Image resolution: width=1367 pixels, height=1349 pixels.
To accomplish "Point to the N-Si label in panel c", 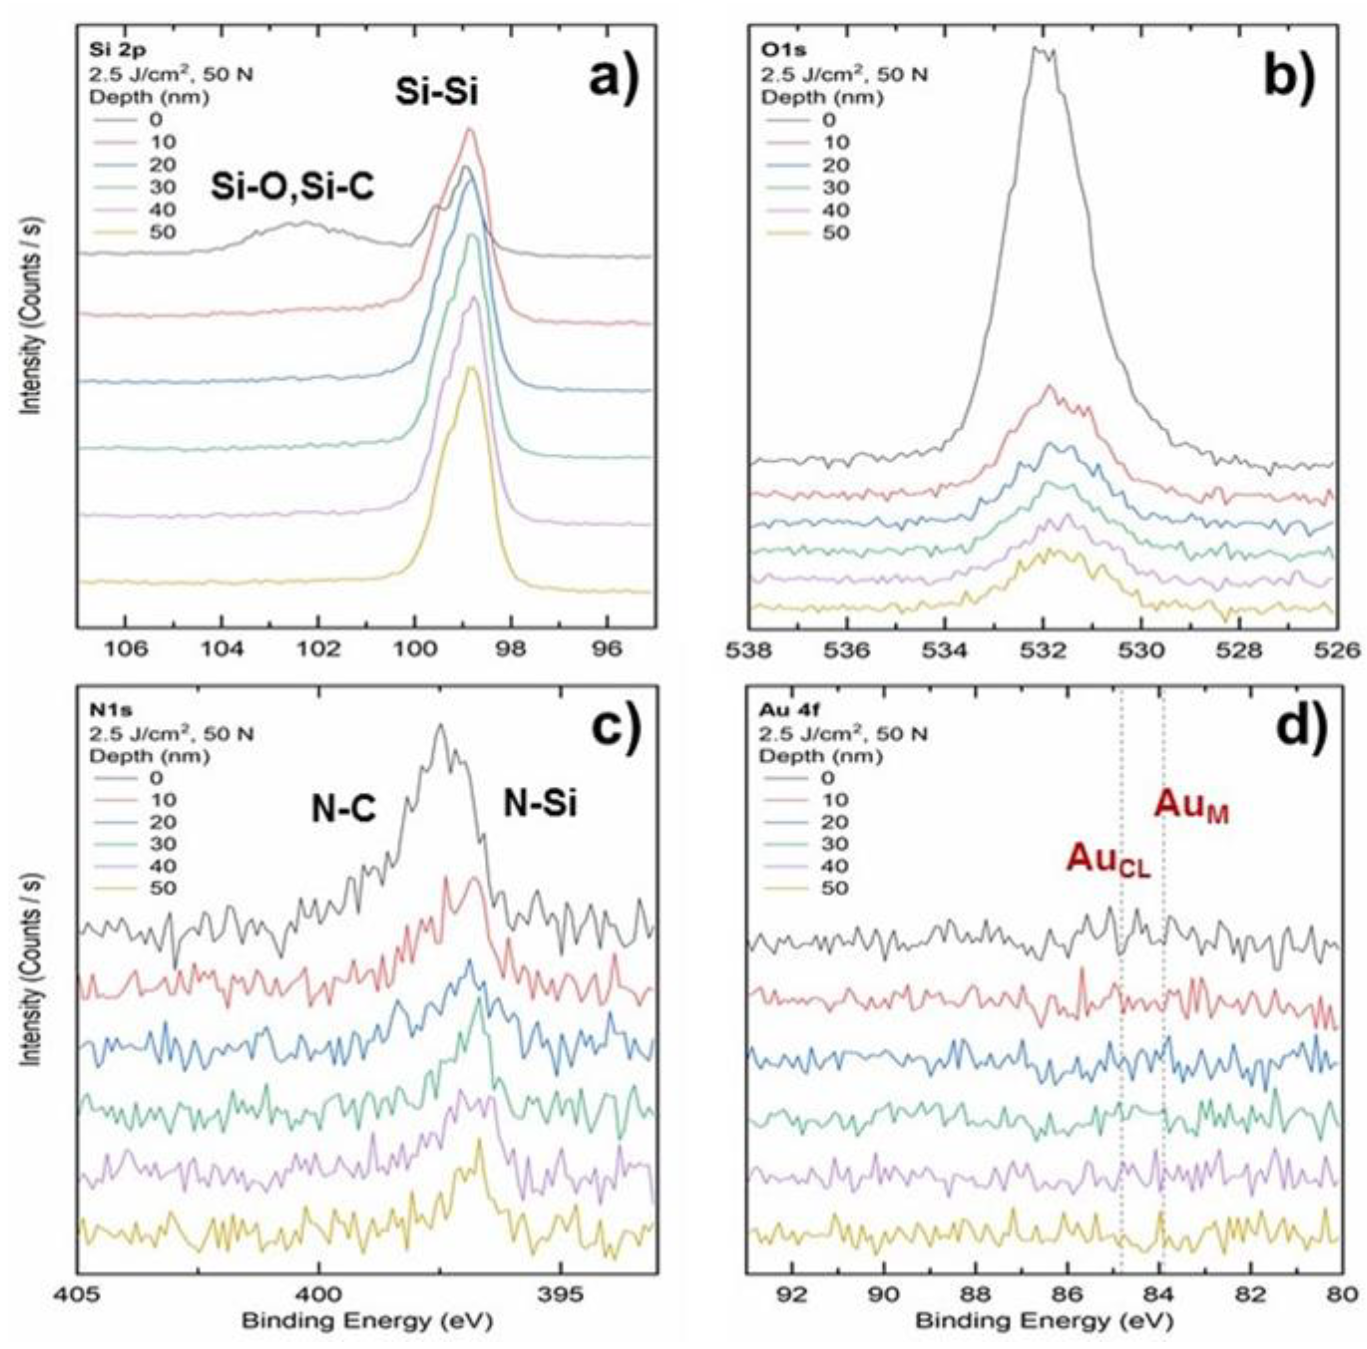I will pos(540,804).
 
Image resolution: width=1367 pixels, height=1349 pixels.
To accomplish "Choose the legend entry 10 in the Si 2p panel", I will pos(164,142).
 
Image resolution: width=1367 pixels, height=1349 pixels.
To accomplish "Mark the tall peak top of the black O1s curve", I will pos(1044,49).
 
